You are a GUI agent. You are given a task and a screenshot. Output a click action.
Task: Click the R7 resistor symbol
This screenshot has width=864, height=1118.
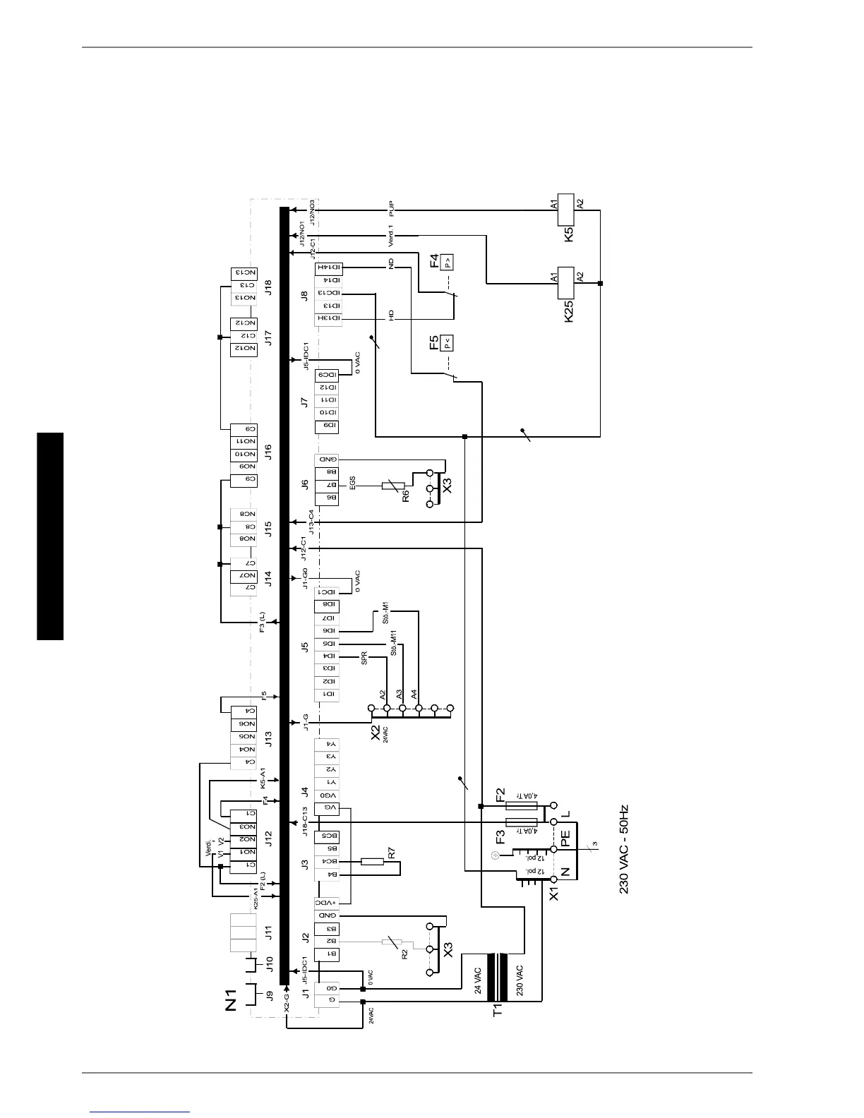pos(372,861)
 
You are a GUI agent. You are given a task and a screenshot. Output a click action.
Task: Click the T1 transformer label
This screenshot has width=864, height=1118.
pos(498,1009)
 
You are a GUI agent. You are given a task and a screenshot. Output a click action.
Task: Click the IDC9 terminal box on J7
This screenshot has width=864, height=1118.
pos(328,375)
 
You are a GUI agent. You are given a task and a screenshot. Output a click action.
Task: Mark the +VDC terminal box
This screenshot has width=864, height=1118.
pos(328,903)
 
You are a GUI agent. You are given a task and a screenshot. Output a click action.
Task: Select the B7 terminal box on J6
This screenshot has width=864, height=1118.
pos(328,486)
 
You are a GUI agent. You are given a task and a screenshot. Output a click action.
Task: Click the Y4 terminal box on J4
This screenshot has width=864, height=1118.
pos(328,744)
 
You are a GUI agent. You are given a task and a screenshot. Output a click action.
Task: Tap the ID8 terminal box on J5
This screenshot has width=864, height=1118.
pos(328,606)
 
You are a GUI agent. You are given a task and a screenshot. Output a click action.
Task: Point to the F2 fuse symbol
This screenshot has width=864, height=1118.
pos(522,805)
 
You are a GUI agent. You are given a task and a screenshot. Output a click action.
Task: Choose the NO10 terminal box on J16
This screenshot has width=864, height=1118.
pos(244,454)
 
